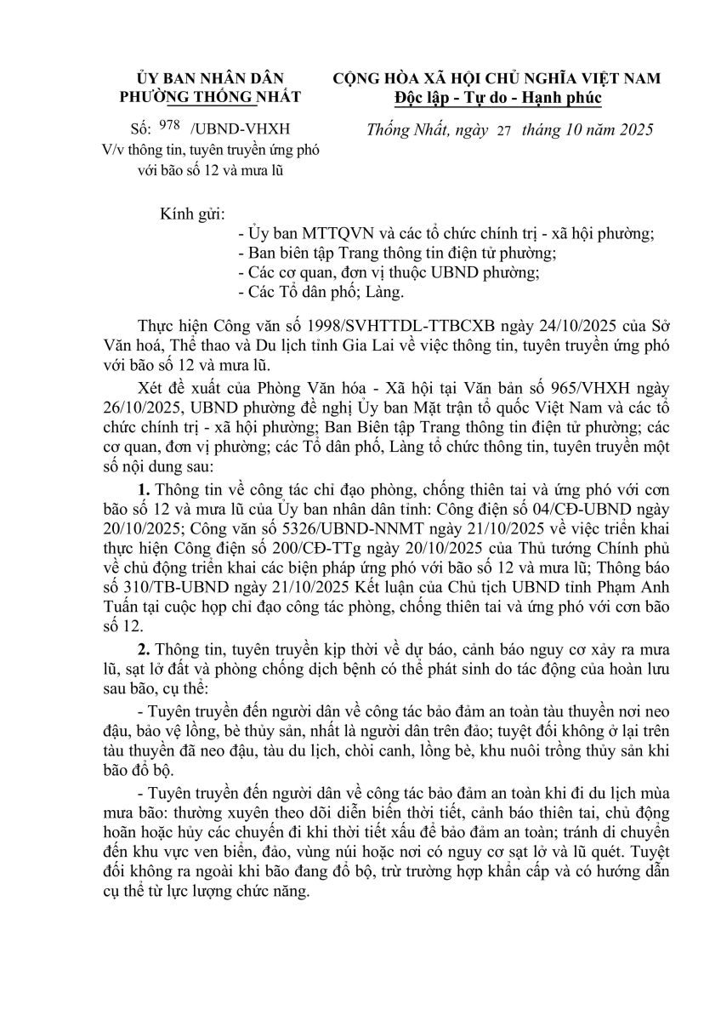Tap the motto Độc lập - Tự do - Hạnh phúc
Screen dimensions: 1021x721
coord(497,99)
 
